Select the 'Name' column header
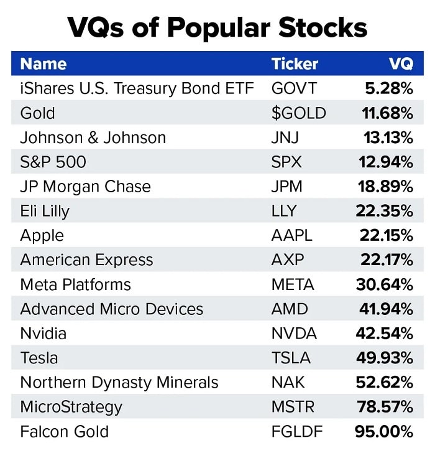pos(43,63)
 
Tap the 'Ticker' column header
pos(295,63)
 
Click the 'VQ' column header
pos(401,63)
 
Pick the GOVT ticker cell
pos(294,88)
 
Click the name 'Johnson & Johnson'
pos(93,138)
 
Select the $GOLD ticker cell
pos(299,113)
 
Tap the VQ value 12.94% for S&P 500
pos(385,162)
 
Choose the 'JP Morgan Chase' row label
pos(86,187)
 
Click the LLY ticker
pos(285,211)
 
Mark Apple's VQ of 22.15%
pos(386,236)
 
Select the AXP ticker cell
pos(288,260)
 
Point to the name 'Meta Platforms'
pos(76,284)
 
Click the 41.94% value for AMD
pos(386,309)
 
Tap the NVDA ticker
pos(294,334)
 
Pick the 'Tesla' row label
pos(39,358)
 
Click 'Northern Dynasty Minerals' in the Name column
pos(119,382)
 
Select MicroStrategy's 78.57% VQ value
pos(385,407)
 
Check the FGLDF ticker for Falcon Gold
pos(298,431)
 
